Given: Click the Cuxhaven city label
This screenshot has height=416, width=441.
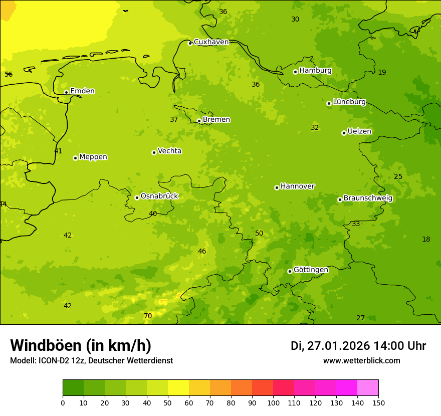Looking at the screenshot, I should pos(211,42).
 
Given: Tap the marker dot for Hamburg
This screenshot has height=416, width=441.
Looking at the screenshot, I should pos(295,72).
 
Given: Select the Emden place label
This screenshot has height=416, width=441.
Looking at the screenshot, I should pos(82,91).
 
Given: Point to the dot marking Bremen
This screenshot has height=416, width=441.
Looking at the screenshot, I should pos(199,121).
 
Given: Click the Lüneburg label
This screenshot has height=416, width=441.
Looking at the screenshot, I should pos(349,102).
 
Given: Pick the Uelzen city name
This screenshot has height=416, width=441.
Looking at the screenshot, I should pos(359,132).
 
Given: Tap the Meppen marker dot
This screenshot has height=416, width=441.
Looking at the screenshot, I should pos(75,158).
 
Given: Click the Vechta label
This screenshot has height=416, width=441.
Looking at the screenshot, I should pos(169,151).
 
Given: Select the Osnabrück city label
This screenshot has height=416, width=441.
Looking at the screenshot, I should pos(159,196).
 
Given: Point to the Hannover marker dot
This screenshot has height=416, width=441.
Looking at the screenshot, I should pos(277,187).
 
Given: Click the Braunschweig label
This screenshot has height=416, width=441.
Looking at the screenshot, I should pos(368,198).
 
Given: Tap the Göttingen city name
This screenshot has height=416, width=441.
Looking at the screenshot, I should pos(311,270).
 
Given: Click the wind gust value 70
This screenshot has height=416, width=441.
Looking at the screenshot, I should pos(148,316).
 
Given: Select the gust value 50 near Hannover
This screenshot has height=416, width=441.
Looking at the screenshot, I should pos(259,233).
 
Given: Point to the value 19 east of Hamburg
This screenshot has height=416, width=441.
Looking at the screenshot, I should pos(382,73).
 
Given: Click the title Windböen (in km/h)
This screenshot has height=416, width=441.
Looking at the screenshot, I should pos(81,345).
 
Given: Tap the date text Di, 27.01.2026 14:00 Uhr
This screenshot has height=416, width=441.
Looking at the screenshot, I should pos(358,346).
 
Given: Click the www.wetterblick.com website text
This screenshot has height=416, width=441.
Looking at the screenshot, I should pos(361,361).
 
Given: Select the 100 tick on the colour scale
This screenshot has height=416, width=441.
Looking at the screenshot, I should pos(273,402).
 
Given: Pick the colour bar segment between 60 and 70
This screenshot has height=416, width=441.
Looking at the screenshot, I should pos(199,388).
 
